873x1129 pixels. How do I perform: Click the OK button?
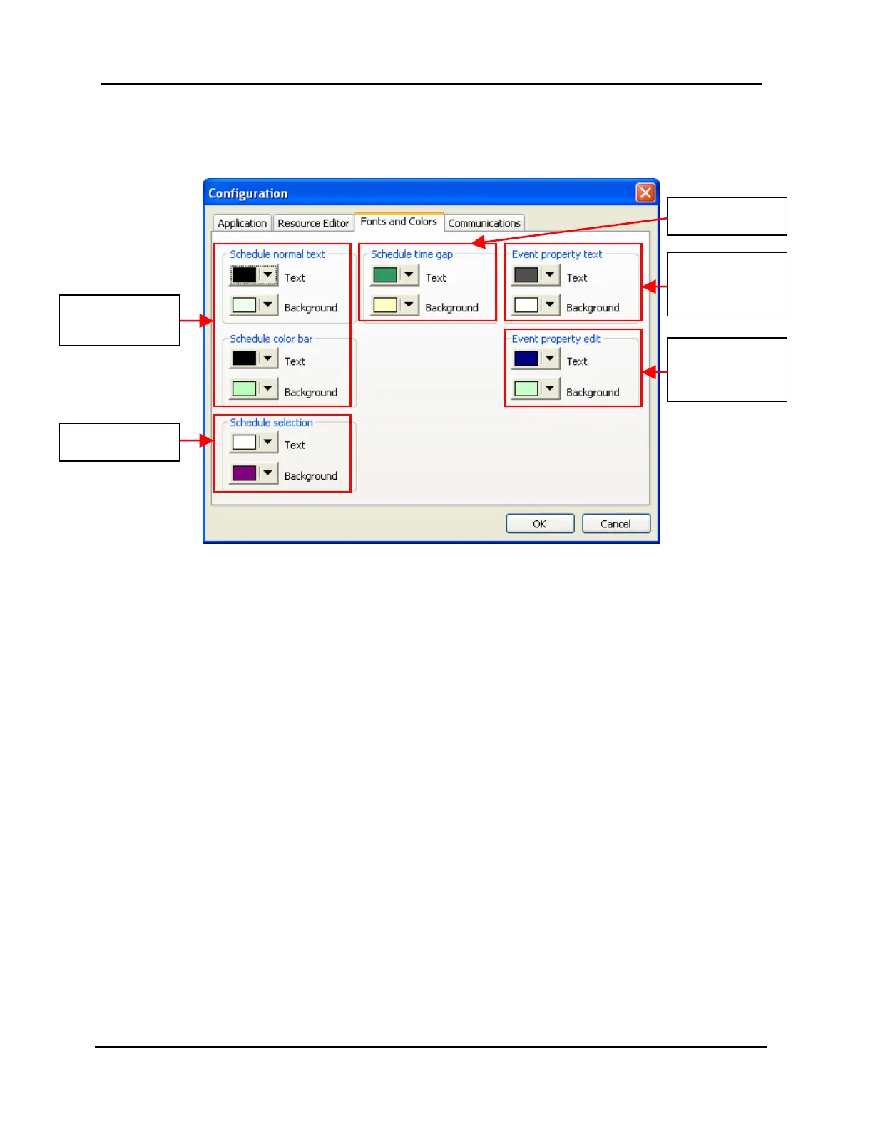[540, 524]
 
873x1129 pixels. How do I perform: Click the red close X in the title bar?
[645, 192]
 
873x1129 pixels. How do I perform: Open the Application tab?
[242, 223]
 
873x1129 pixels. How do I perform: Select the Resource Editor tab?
[313, 223]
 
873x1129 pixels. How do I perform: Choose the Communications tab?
[484, 223]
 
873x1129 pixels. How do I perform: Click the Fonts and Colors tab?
[399, 222]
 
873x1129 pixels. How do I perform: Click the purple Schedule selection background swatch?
[244, 473]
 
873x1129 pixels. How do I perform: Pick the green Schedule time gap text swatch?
[385, 275]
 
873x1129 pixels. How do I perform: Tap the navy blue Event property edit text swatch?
[526, 359]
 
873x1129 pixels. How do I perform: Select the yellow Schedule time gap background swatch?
[385, 306]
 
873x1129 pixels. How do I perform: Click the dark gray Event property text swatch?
[526, 275]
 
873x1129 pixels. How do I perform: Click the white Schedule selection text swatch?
[244, 443]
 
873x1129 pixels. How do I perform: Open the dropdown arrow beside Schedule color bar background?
[267, 389]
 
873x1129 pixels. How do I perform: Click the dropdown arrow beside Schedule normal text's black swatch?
[267, 275]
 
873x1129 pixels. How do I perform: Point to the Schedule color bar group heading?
[271, 339]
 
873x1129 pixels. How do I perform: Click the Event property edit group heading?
[556, 339]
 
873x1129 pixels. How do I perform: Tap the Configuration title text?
[247, 193]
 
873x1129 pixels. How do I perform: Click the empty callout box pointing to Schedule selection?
[119, 443]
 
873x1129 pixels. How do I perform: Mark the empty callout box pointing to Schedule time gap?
[727, 217]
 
